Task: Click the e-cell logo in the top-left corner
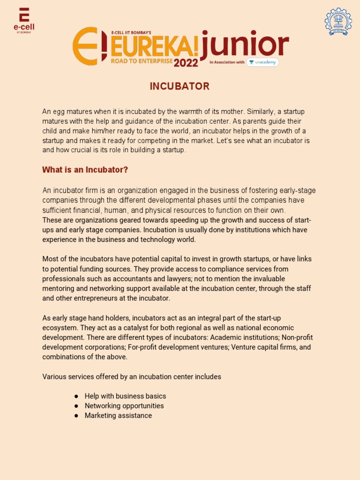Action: (24, 20)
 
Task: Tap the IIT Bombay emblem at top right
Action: (337, 22)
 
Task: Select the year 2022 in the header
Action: (186, 63)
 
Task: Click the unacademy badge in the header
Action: (262, 62)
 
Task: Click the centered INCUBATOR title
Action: (180, 86)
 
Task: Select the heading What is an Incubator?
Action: (85, 170)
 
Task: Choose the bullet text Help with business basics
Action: (125, 396)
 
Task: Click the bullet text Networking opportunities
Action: (124, 406)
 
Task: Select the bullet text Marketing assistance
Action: (118, 416)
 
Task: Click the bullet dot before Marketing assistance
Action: (76, 416)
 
